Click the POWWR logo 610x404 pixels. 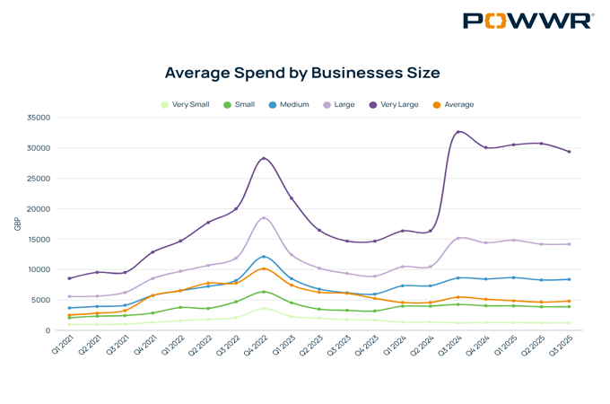527,21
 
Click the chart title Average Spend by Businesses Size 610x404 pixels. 302,72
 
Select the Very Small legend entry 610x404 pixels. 185,105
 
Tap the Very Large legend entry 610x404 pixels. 394,105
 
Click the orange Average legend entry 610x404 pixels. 453,105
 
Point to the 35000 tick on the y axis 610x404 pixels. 38,118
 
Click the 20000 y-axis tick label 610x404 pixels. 38,209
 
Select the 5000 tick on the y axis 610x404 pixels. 40,300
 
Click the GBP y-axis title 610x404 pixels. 17,224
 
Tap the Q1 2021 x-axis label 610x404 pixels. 61,347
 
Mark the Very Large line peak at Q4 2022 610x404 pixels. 264,158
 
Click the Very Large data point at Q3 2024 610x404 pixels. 458,132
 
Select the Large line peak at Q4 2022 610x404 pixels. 264,218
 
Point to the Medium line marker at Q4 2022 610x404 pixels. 264,257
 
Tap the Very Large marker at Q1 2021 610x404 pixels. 69,278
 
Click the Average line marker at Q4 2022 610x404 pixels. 264,268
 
